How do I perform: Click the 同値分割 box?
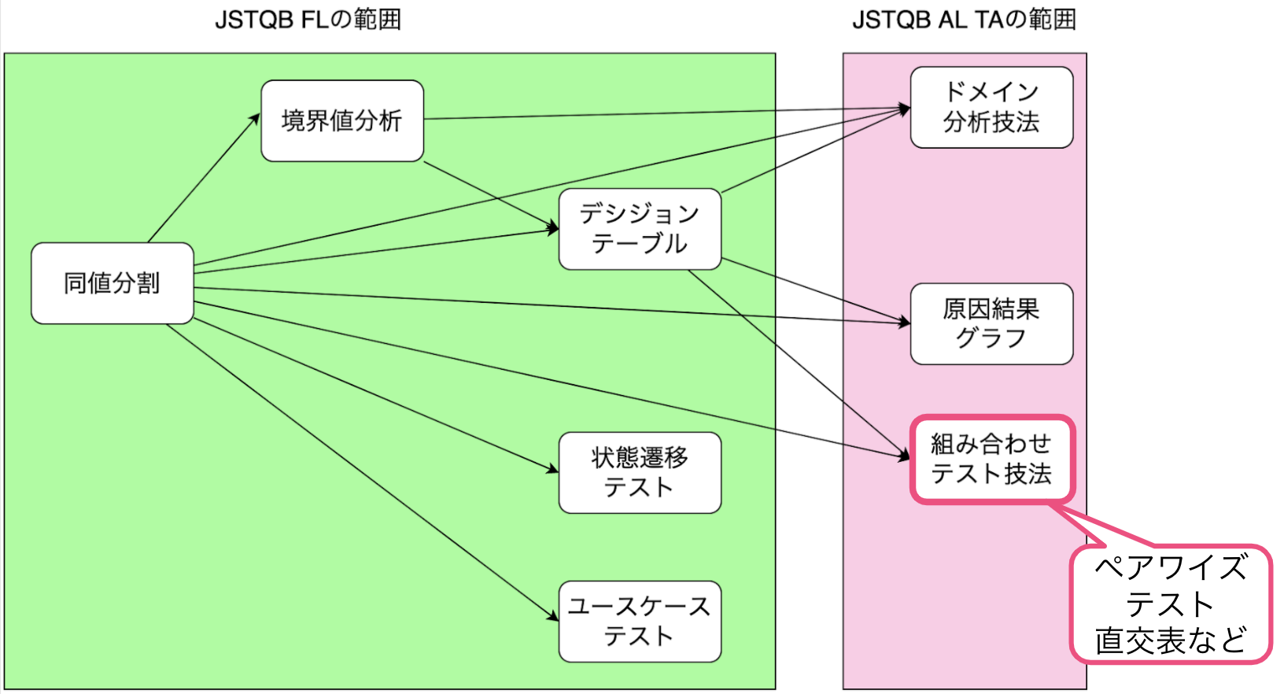[x=113, y=283]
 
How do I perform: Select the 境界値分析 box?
[x=342, y=121]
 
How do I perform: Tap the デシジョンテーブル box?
[x=640, y=229]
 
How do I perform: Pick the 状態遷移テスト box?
[x=640, y=472]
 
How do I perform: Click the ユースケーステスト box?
[x=640, y=621]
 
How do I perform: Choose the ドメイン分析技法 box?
[x=991, y=107]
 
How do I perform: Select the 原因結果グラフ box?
[x=991, y=323]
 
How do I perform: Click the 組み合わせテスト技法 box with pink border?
[x=991, y=460]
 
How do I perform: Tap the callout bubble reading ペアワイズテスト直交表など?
[x=1171, y=604]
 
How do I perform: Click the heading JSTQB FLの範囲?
[x=308, y=20]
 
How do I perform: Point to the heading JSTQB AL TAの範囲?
[x=964, y=20]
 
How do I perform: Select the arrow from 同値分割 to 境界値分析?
[x=203, y=179]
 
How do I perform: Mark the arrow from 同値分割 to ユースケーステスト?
[x=362, y=472]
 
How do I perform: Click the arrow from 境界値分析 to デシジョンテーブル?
[x=491, y=196]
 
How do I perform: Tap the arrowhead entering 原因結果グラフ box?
[x=905, y=322]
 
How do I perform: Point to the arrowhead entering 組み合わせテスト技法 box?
[x=905, y=455]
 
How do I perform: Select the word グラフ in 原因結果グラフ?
[x=991, y=338]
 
